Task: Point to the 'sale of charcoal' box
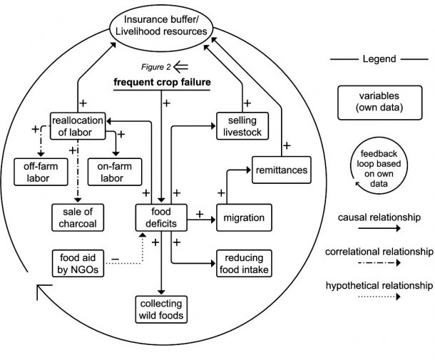pos(77,216)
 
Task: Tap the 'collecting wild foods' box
pos(160,308)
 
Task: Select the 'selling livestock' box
pos(241,125)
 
